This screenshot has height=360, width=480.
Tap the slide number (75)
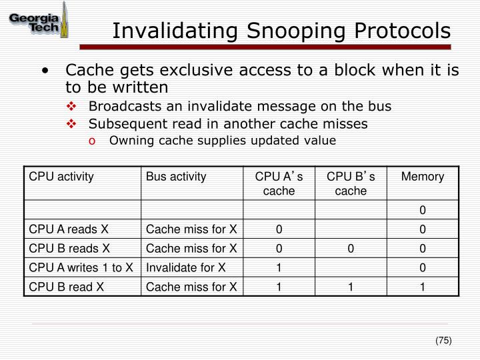[443, 341]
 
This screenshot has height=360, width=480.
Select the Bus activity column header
[177, 177]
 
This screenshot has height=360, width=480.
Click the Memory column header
[422, 177]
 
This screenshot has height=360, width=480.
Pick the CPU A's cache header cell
[279, 183]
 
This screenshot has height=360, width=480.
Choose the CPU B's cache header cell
[351, 183]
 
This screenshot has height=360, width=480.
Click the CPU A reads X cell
[69, 229]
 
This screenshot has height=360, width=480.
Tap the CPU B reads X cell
[69, 249]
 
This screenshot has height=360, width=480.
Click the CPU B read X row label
[67, 287]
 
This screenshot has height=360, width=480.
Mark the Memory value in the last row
[422, 287]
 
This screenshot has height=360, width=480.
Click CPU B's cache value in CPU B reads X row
[351, 249]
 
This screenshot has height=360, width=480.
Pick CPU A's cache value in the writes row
[279, 268]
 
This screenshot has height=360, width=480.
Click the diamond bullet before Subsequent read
[73, 123]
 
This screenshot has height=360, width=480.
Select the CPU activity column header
[61, 177]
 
